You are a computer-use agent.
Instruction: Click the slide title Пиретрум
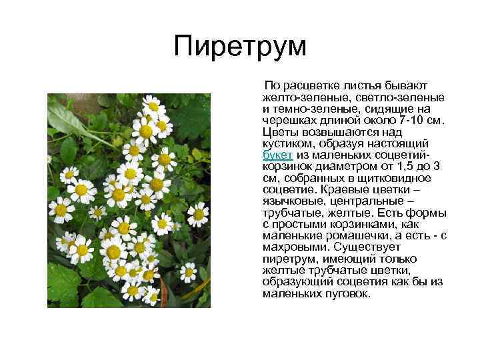pyautogui.click(x=240, y=47)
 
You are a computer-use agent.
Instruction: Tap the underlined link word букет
pyautogui.click(x=276, y=155)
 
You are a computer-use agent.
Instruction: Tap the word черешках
pyautogui.click(x=288, y=121)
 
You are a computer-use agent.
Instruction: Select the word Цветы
pyautogui.click(x=280, y=132)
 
